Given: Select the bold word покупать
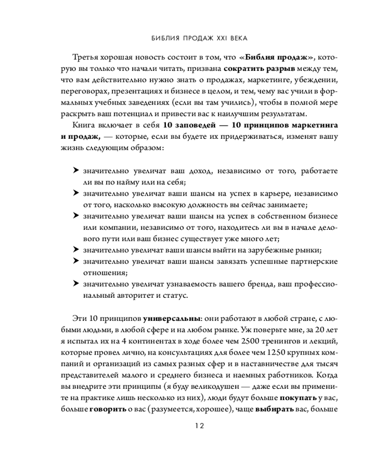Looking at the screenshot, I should click(x=298, y=399).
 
